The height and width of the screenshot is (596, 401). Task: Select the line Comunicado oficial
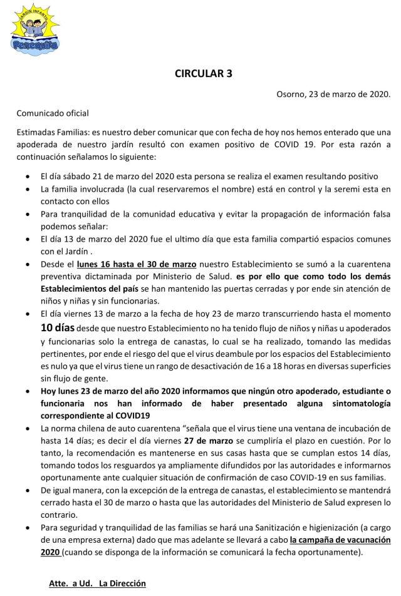(x=53, y=113)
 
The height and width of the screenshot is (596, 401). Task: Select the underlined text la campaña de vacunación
(x=341, y=539)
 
